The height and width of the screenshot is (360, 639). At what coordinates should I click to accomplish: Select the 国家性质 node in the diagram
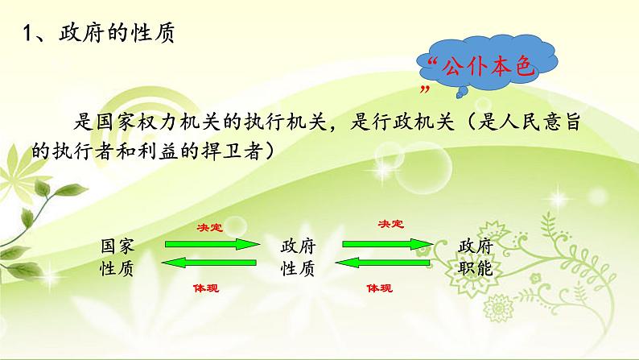click(117, 255)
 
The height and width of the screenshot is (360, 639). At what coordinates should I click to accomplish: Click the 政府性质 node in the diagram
click(297, 255)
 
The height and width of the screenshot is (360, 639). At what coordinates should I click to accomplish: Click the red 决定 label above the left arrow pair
click(209, 226)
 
